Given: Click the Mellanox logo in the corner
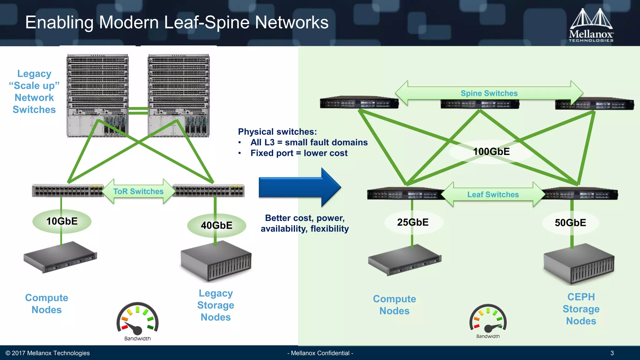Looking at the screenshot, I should tap(591, 25).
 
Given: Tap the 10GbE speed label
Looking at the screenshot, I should tap(62, 221).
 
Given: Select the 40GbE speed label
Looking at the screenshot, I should tap(216, 225).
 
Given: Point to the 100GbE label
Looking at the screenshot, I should tap(491, 152).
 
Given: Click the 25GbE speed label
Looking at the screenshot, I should tap(413, 222).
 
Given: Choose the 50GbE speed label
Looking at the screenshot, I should tap(570, 222).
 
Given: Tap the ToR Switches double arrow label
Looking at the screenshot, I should tap(138, 191).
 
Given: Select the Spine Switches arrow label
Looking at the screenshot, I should tap(489, 93).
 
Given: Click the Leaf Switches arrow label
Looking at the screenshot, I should tap(493, 194).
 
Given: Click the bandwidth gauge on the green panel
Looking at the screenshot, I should tap(488, 319).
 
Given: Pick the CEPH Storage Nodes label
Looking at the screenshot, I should tap(581, 309).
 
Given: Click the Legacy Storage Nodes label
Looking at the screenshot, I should tap(216, 305).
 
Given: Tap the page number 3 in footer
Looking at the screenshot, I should tap(612, 353).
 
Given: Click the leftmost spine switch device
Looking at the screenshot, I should tap(359, 102).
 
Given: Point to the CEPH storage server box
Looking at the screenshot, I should tap(579, 264).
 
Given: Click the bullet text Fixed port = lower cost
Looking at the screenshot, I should tap(299, 153).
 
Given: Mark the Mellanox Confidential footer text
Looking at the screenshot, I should tap(320, 353).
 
